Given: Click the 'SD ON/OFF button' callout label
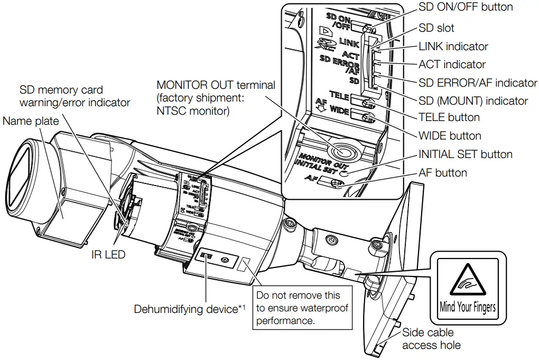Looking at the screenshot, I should [465, 7].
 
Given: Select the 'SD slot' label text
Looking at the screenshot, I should [436, 27].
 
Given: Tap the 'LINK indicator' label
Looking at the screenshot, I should [453, 47].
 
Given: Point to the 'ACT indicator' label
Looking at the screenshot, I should [452, 64].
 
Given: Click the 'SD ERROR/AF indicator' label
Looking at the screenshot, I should [478, 82].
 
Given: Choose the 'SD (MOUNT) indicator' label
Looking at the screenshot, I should [473, 100].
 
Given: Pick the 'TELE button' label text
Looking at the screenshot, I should [449, 117].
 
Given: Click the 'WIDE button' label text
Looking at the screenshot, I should [450, 136].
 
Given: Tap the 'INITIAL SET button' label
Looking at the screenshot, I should [465, 154].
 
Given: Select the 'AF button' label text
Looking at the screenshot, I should [442, 173].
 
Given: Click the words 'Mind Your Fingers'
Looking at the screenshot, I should [467, 306].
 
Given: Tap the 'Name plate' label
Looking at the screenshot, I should [31, 121].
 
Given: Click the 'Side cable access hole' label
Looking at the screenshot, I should [431, 339].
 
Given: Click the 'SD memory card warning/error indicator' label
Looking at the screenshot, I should [75, 96].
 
